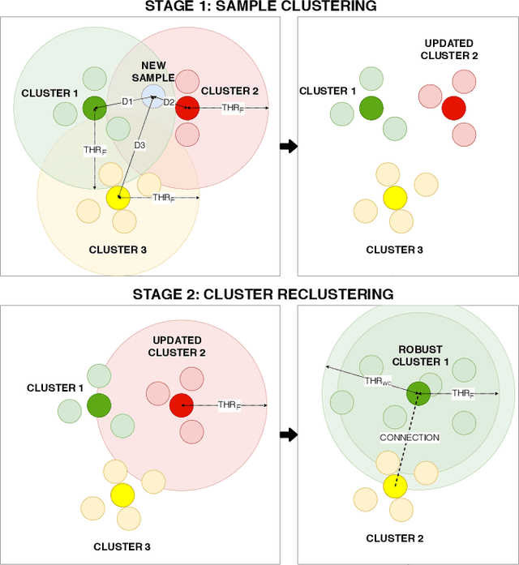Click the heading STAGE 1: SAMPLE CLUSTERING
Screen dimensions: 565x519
[259, 6]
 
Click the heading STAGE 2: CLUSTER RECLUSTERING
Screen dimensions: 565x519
[259, 293]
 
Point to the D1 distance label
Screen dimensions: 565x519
[127, 101]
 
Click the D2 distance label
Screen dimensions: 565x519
[169, 102]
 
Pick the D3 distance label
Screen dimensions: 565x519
[139, 145]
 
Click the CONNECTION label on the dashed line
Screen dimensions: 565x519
[410, 438]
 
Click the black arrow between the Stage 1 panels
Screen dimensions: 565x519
[287, 147]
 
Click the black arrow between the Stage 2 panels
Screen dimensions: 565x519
[287, 434]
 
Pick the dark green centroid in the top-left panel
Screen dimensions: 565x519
[95, 108]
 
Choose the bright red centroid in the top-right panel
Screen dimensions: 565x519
[453, 108]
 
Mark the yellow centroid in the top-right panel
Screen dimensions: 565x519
[395, 197]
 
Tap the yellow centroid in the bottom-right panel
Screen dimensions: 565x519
[395, 486]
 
